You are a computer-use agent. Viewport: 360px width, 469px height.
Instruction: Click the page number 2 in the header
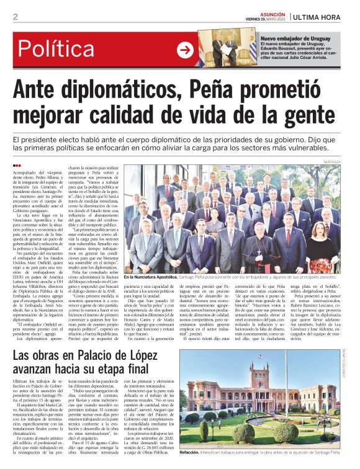15,17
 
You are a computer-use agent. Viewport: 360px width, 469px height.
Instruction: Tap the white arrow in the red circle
185,50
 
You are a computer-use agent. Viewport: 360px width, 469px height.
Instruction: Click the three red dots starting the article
17,166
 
